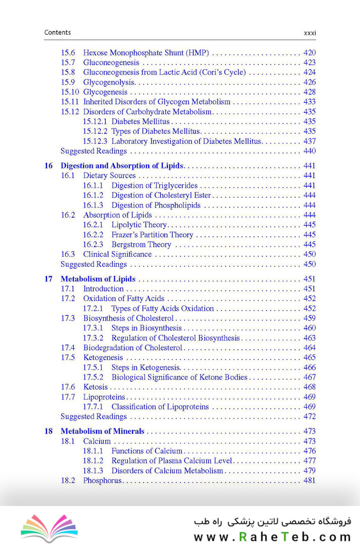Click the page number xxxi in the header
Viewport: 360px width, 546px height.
(309, 33)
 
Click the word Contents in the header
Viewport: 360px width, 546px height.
(58, 32)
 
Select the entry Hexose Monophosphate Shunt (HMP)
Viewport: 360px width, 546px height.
(146, 53)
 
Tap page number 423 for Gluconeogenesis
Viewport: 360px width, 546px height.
(309, 63)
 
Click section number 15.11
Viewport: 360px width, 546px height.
(70, 102)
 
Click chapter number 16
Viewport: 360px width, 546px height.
(49, 165)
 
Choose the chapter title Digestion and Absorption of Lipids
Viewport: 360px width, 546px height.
(122, 165)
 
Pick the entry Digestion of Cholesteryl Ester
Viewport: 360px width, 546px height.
(161, 195)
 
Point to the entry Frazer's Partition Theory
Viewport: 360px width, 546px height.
(152, 235)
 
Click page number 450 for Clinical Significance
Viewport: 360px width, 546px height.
(309, 255)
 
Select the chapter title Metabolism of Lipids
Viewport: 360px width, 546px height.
(98, 279)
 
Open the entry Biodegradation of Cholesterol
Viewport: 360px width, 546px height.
(132, 348)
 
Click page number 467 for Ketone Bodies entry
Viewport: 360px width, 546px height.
(309, 377)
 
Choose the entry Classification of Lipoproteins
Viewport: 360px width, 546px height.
(160, 407)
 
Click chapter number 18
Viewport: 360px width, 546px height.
(49, 432)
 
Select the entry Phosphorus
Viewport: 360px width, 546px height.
(102, 480)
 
